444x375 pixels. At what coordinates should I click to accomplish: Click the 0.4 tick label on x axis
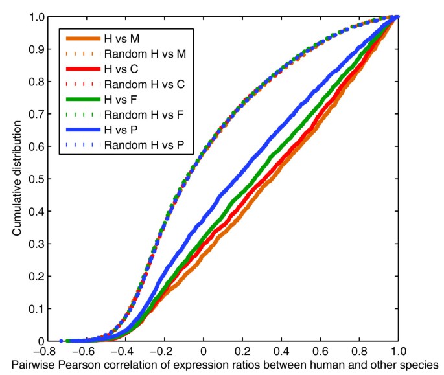click(281, 353)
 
